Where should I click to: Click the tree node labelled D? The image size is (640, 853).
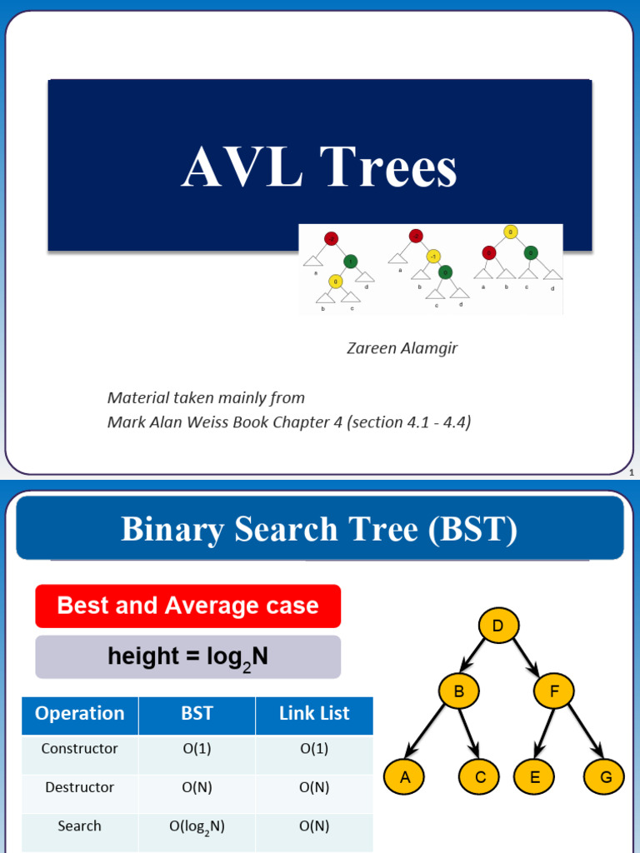coord(498,626)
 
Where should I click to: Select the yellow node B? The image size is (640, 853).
coord(458,691)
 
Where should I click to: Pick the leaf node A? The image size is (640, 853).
coord(405,777)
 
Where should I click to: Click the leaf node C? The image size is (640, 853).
coord(481,777)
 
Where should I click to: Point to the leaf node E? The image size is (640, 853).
coord(535,777)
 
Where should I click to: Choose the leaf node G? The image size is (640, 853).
coord(606,777)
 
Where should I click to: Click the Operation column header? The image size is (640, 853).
coord(80,714)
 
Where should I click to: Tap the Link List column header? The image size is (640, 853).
coord(314,714)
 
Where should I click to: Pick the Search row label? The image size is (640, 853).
coord(80,826)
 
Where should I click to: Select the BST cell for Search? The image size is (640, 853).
coord(197,826)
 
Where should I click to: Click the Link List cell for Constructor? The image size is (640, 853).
coord(314,749)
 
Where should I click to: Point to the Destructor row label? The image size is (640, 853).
coord(80,787)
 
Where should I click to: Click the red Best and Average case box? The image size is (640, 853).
coord(188,606)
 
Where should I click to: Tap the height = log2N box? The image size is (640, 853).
coord(188,657)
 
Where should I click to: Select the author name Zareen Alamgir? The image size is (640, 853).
coord(402,348)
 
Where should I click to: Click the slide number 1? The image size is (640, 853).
coord(632,473)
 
